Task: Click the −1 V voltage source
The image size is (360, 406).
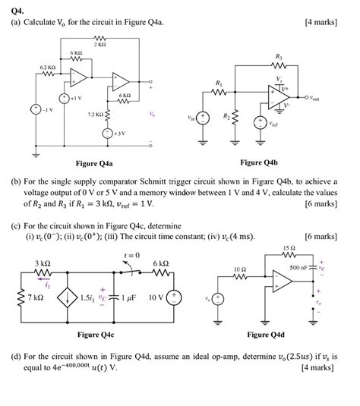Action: pos(36,109)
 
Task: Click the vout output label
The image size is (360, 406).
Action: pos(330,98)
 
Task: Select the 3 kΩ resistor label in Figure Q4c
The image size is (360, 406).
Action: pos(41,263)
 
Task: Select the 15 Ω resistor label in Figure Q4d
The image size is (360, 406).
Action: pos(287,248)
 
